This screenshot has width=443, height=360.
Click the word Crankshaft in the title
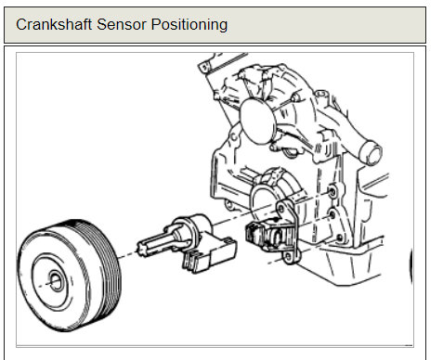[x=54, y=24]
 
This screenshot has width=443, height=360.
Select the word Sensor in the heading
[x=122, y=24]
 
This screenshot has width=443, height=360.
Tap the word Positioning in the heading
[x=189, y=25]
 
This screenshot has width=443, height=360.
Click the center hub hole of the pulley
[x=56, y=281]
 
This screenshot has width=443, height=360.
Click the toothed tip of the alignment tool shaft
[x=141, y=248]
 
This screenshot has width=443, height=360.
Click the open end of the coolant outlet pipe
[x=374, y=153]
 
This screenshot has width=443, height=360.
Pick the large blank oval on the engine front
[x=257, y=122]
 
